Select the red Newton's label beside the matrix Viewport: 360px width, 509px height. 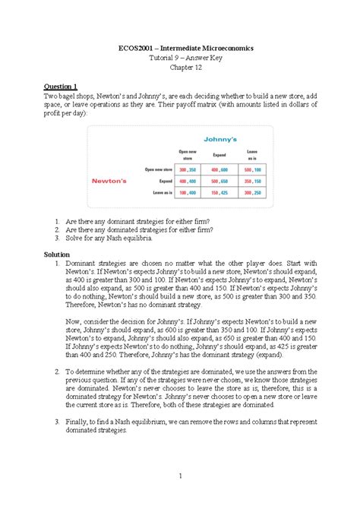point(114,182)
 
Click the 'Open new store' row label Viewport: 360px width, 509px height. point(153,169)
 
